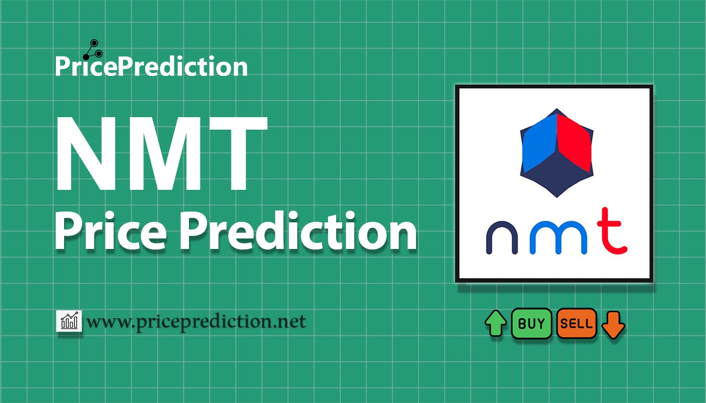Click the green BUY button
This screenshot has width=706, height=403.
pos(531,323)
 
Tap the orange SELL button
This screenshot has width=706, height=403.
pos(576,323)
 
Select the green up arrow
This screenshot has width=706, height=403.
pos(496,323)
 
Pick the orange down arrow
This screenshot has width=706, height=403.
pos(613,325)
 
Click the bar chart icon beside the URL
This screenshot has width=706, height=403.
pos(69,321)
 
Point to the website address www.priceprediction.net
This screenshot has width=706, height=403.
pos(197,322)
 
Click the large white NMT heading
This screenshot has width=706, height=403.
pos(161,153)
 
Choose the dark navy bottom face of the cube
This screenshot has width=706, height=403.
pos(557,175)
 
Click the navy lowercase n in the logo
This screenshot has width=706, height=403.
pos(502,238)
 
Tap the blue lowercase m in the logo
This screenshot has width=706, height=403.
pos(558,238)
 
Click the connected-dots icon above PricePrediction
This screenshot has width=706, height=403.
pos(93,50)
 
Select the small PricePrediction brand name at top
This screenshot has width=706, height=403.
pos(152,66)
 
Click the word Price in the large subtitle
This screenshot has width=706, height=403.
pos(111,232)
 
